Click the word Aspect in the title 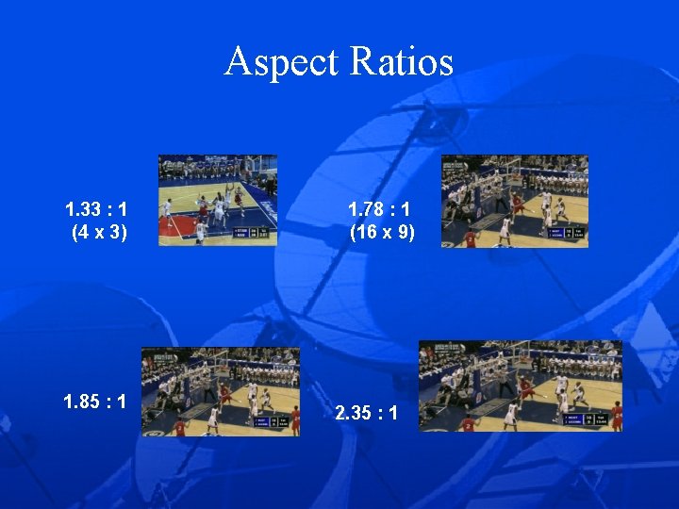[282, 62]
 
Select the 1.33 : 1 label [98, 208]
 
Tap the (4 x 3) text [99, 230]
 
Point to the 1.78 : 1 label [381, 208]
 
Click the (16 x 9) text [382, 230]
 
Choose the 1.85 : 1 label [95, 402]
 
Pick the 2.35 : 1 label [366, 413]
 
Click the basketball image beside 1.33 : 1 [218, 200]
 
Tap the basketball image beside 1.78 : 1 [515, 201]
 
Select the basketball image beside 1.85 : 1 [221, 391]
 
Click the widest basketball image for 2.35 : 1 [521, 386]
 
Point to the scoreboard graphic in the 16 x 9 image [567, 232]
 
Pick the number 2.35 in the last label [350, 413]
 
